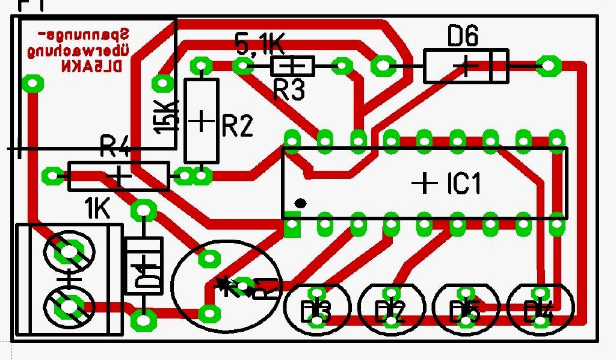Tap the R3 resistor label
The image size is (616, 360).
click(x=289, y=90)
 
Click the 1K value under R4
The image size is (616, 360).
click(x=97, y=209)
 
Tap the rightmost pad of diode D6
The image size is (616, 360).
click(x=548, y=66)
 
